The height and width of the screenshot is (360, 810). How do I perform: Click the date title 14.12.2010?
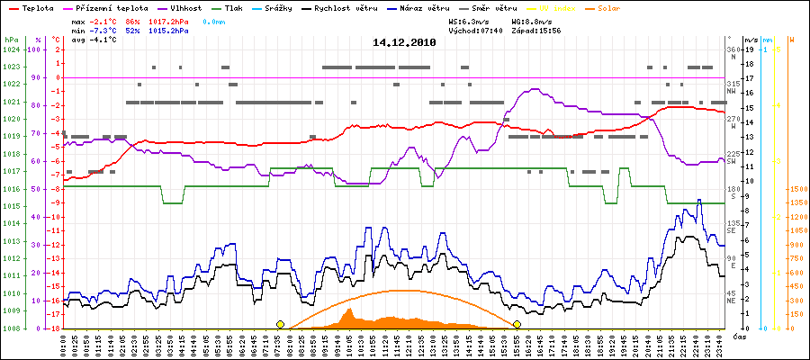click(x=404, y=42)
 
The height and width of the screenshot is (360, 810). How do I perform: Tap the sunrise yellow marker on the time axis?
click(x=280, y=324)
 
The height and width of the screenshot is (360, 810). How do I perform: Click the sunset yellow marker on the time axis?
click(x=517, y=324)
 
